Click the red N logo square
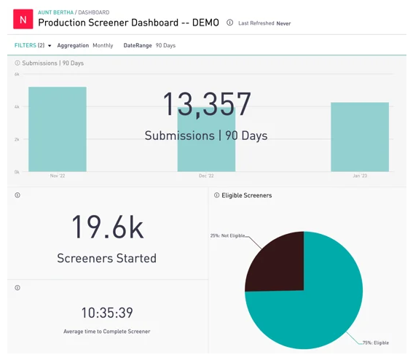click(23, 19)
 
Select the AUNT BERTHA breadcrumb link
click(55, 12)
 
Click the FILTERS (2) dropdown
click(33, 45)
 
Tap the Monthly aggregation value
click(103, 45)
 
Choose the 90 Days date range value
click(165, 45)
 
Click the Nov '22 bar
click(58, 129)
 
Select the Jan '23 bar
click(360, 137)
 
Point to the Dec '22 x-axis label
click(206, 176)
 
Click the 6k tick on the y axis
click(17, 74)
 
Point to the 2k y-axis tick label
click(17, 139)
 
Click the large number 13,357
click(207, 104)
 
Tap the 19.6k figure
click(108, 227)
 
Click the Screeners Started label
click(106, 258)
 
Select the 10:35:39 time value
click(107, 313)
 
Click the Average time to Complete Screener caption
click(106, 332)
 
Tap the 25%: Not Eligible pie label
click(227, 235)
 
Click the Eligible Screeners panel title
click(246, 195)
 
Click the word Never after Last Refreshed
click(283, 23)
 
